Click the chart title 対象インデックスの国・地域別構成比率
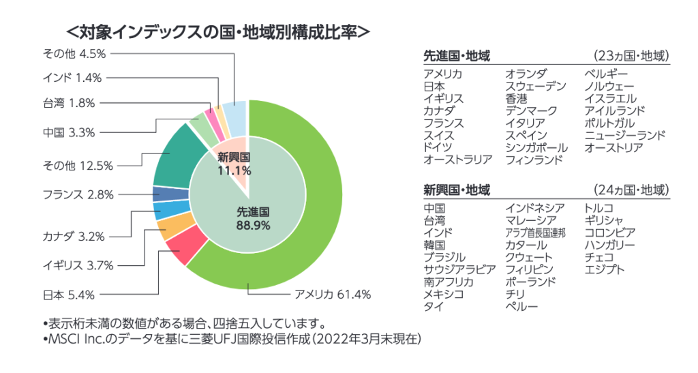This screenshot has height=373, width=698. [217, 32]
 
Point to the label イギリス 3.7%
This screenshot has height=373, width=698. [78, 265]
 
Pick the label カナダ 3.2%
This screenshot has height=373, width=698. [73, 237]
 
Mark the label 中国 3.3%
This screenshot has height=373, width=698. [69, 132]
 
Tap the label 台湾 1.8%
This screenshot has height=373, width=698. [69, 103]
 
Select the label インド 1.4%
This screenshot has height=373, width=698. [72, 78]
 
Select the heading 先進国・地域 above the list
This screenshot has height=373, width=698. [457, 56]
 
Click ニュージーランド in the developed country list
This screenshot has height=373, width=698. [624, 136]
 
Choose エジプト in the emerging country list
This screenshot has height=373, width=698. [605, 269]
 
